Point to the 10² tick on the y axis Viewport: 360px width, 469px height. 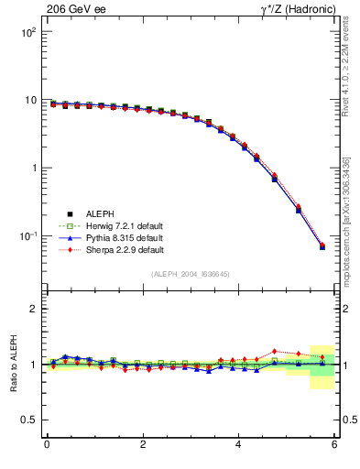click(x=29, y=32)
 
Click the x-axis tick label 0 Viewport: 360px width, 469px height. click(x=47, y=444)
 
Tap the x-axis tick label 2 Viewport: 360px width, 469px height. click(x=143, y=444)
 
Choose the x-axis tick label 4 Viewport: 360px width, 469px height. click(x=239, y=444)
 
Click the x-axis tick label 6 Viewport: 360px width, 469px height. click(x=334, y=444)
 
